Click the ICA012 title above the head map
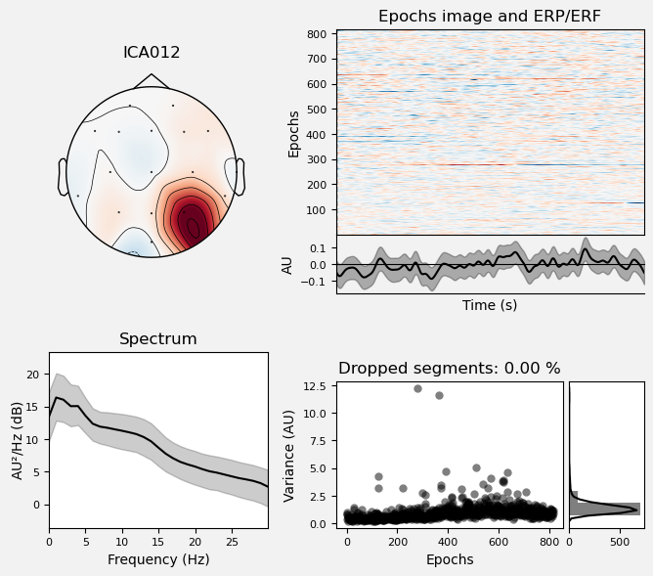[x=152, y=53]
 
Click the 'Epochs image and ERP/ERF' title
[x=490, y=17]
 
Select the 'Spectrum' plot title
[x=158, y=339]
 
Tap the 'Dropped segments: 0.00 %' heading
[x=450, y=369]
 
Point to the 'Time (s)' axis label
[x=490, y=305]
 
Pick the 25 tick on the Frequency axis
[x=232, y=541]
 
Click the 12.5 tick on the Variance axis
[x=316, y=386]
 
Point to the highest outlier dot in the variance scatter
[x=417, y=388]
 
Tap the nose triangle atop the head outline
[x=151, y=80]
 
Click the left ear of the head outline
[x=63, y=177]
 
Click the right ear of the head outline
[x=239, y=177]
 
